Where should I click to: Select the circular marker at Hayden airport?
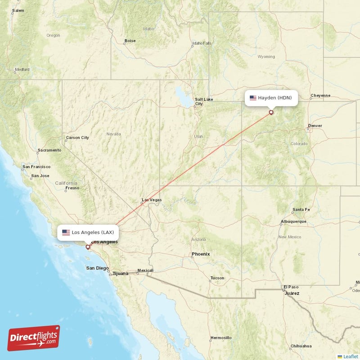(271, 112)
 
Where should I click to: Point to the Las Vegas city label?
(152, 200)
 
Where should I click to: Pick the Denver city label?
(315, 126)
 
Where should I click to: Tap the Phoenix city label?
(201, 254)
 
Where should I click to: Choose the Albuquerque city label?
(293, 221)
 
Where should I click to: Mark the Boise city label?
(130, 41)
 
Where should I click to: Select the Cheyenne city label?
(320, 95)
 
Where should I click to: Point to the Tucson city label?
(217, 278)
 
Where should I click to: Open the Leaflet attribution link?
(350, 356)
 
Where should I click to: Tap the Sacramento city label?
(49, 150)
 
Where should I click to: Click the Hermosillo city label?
(220, 337)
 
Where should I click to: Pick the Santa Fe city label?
(301, 210)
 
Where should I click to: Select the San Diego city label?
(97, 268)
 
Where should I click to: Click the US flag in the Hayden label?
(253, 98)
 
